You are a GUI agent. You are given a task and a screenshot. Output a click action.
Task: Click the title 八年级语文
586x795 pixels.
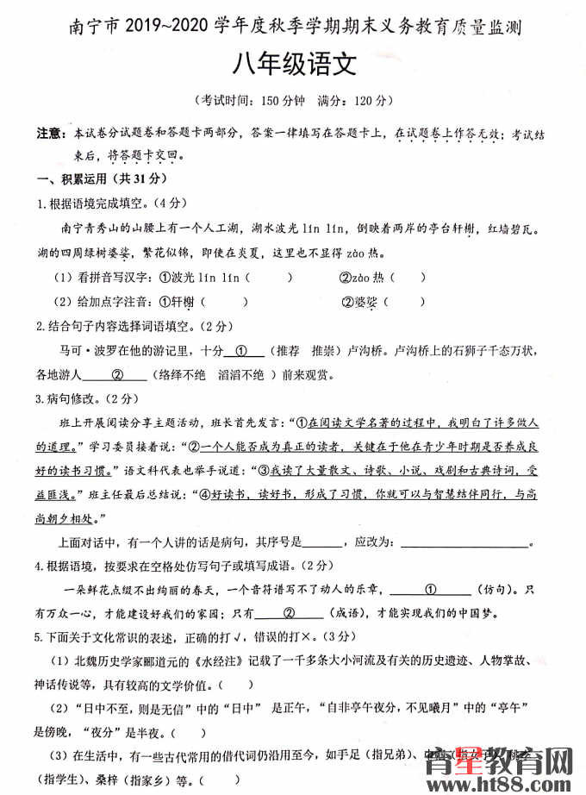293,64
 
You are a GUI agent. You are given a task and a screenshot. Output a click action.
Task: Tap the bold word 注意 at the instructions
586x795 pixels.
49,135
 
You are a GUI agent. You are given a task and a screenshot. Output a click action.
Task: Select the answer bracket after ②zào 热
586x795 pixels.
410,278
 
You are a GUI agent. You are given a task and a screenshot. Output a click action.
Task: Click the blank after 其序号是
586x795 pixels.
323,543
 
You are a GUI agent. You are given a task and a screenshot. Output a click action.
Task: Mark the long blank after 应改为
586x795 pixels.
465,543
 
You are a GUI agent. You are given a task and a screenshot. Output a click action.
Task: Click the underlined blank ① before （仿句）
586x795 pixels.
431,591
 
